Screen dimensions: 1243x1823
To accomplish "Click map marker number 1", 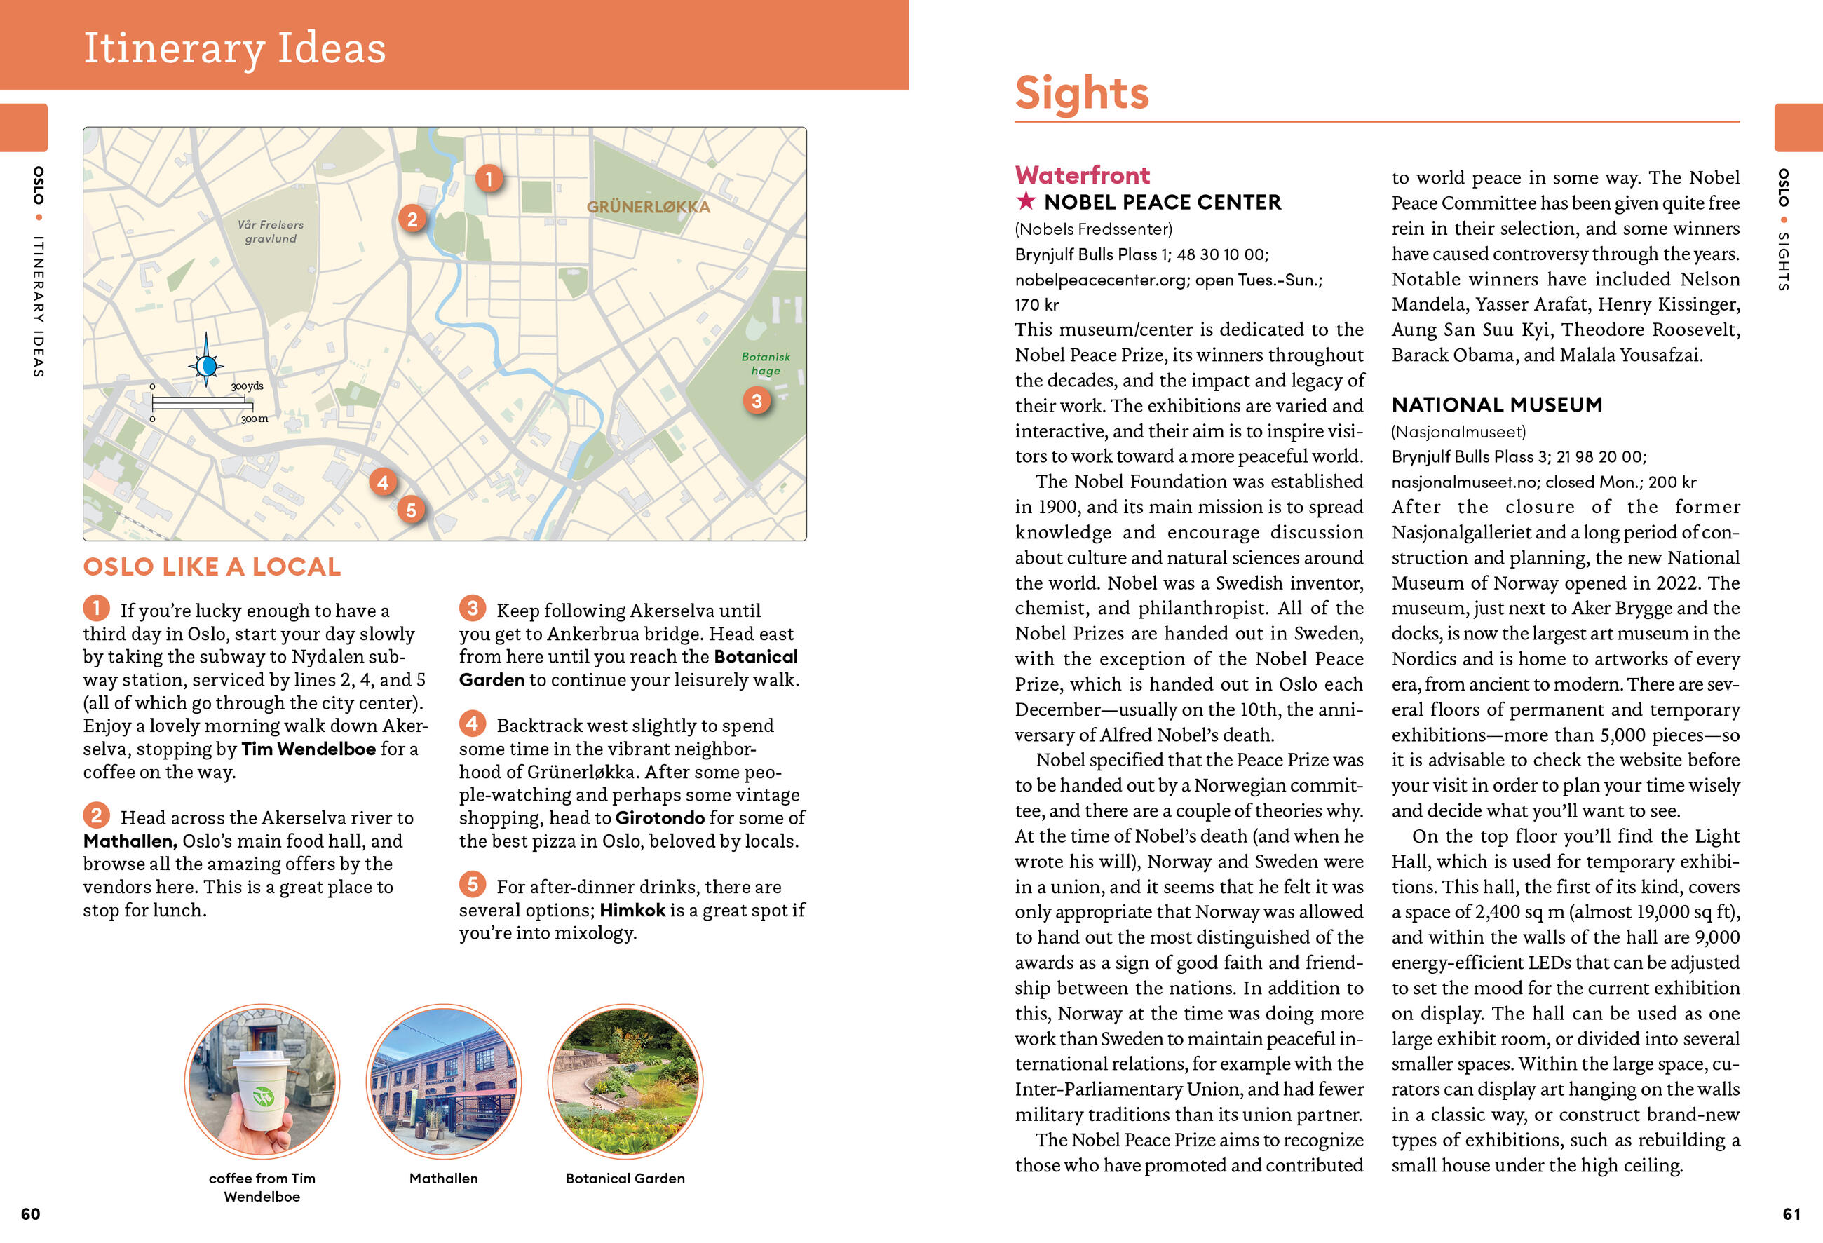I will pyautogui.click(x=489, y=179).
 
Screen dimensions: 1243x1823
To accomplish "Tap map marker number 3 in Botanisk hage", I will pyautogui.click(x=756, y=402).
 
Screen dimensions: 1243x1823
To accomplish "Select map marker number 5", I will pyautogui.click(x=411, y=510).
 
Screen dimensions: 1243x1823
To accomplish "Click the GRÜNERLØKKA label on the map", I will pyautogui.click(x=648, y=207).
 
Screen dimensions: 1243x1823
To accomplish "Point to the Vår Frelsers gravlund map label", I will pyautogui.click(x=271, y=231).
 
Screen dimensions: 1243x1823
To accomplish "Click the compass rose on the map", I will pyautogui.click(x=206, y=365).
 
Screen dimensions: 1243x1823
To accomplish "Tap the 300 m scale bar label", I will pyautogui.click(x=254, y=419).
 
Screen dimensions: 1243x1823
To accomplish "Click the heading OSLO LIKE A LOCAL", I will pyautogui.click(x=212, y=567).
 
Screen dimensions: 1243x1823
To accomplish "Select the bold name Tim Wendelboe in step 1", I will pyautogui.click(x=309, y=749).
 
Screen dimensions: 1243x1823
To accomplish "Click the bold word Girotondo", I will pyautogui.click(x=660, y=818).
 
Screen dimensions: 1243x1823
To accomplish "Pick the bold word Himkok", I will pyautogui.click(x=632, y=910).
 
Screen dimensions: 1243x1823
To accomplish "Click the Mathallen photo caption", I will pyautogui.click(x=443, y=1178).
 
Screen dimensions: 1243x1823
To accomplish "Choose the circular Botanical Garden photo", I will pyautogui.click(x=625, y=1082).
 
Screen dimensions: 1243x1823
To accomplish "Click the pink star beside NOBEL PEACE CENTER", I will pyautogui.click(x=1025, y=201).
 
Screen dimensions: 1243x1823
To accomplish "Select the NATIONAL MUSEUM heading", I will pyautogui.click(x=1497, y=405).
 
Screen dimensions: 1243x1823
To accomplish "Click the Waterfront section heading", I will pyautogui.click(x=1082, y=175).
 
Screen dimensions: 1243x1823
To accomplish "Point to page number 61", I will pyautogui.click(x=1791, y=1214).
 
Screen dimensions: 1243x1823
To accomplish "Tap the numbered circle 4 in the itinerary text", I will pyautogui.click(x=472, y=723).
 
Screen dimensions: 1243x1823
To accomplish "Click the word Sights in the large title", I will pyautogui.click(x=1082, y=93).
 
